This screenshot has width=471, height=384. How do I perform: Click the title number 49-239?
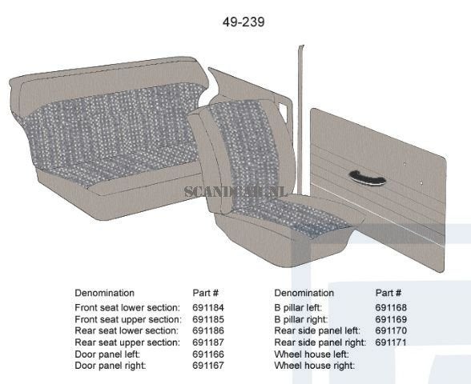pos(244,22)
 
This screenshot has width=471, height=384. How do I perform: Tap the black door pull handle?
pos(368,177)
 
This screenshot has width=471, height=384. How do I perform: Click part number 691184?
pos(208,307)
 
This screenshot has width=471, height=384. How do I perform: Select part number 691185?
pos(208,319)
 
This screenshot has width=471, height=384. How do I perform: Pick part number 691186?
pos(208,330)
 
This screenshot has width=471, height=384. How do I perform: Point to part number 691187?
pos(208,342)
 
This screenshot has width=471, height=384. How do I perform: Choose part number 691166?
pos(208,354)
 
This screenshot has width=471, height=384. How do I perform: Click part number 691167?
pos(208,366)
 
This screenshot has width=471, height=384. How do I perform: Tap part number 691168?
pos(391,307)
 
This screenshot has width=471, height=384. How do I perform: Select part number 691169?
pos(391,319)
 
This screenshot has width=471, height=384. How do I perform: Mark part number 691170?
pos(391,330)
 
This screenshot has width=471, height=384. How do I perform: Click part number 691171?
pos(391,342)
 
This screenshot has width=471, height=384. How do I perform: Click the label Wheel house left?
pos(312,354)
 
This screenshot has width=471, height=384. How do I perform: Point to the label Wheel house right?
pos(315,366)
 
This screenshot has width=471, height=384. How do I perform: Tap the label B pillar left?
pos(298,308)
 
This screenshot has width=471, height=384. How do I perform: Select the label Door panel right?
pos(111,366)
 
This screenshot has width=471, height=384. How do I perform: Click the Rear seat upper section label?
pos(127,342)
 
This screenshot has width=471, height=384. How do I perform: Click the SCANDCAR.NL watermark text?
pos(235,192)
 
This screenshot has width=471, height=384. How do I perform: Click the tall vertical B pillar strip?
pos(300,120)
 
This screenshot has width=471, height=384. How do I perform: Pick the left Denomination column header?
pos(104,293)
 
